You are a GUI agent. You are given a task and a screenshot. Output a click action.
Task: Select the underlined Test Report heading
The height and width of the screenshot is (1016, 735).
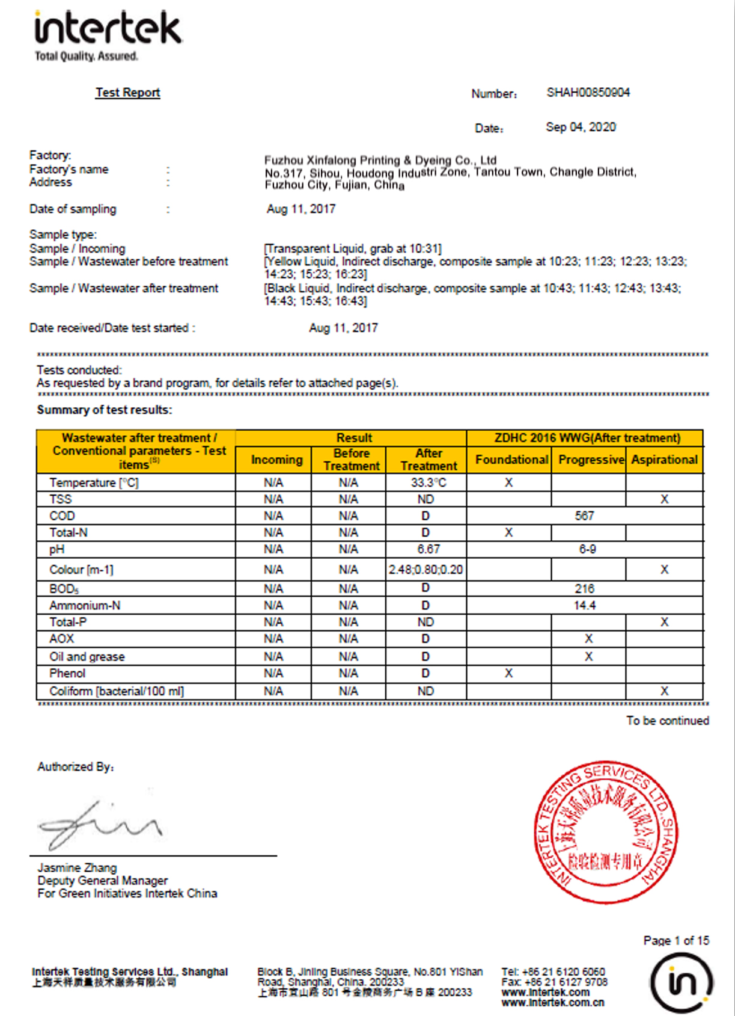[127, 93]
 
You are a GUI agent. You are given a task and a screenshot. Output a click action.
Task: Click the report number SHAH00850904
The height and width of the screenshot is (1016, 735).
[588, 93]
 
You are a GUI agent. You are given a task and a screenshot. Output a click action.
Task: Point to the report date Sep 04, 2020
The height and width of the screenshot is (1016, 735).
[581, 128]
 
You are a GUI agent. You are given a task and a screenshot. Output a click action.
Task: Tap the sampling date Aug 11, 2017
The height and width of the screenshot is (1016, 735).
[301, 209]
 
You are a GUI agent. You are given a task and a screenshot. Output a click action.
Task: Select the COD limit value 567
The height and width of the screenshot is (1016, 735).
[584, 516]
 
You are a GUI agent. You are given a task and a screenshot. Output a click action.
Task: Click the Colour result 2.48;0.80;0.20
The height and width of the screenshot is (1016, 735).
[425, 569]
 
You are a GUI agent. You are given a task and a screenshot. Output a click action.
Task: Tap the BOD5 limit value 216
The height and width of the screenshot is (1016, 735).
[584, 588]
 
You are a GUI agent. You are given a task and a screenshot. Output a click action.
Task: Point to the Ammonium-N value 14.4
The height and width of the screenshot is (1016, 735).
[584, 605]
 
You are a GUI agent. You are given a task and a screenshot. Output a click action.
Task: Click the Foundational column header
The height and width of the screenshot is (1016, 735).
[511, 460]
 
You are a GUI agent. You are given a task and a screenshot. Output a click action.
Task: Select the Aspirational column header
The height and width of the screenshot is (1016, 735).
[664, 460]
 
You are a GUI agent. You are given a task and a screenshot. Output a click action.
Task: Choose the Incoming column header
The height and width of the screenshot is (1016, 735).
[276, 460]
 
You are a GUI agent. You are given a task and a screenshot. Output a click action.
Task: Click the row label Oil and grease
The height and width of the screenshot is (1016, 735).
[87, 657]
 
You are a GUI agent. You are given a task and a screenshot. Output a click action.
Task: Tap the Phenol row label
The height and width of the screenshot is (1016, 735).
[67, 673]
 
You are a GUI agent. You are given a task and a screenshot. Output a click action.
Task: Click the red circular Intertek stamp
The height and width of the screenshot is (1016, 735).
[606, 831]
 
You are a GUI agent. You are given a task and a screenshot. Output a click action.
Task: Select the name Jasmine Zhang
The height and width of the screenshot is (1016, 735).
[77, 867]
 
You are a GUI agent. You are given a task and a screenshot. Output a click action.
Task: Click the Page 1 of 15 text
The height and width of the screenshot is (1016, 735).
[676, 940]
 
